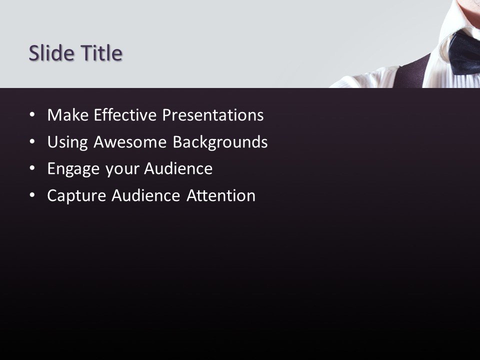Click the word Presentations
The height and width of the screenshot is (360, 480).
point(214,115)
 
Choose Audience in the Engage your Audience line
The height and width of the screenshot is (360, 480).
point(178,169)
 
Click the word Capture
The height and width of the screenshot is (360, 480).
point(75,196)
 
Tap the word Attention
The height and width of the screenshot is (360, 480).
point(221,196)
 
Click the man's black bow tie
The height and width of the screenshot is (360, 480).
point(465,50)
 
